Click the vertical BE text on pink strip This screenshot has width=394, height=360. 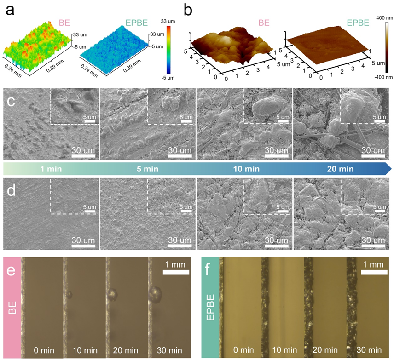pyautogui.click(x=12, y=307)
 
